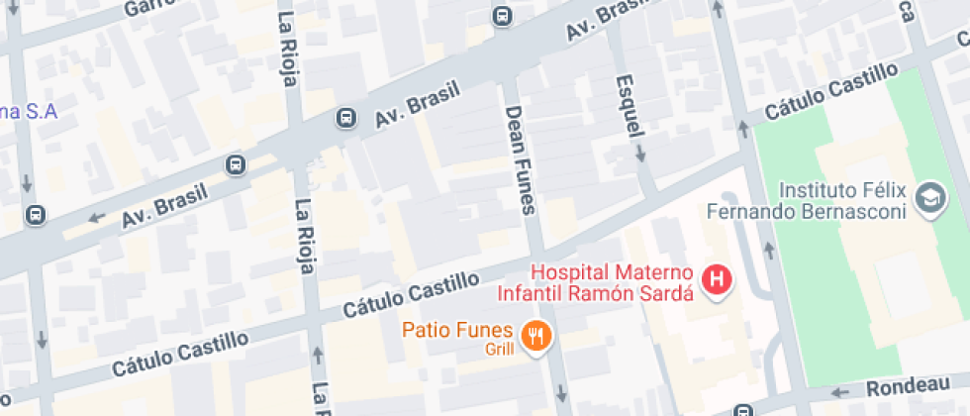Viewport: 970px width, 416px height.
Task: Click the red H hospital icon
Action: pos(717,280)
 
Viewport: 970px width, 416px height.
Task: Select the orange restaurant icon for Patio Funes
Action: pos(537,336)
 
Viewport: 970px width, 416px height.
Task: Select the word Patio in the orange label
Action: pos(426,330)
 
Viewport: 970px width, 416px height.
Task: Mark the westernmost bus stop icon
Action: pos(36,215)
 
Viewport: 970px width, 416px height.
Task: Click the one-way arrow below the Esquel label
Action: pos(640,154)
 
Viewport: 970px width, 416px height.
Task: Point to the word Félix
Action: pos(887,189)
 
